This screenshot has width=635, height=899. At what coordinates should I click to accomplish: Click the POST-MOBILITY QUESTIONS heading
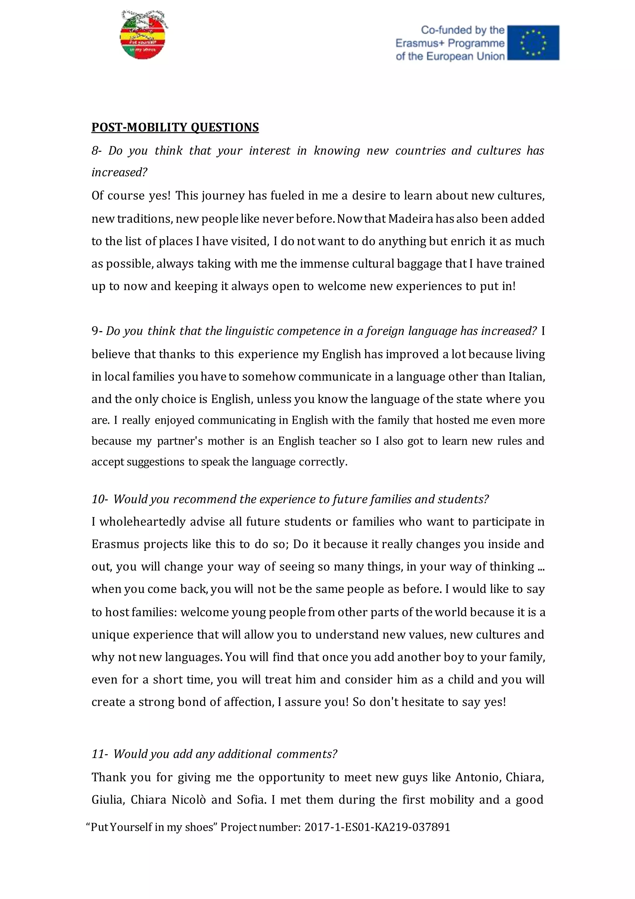[x=175, y=127]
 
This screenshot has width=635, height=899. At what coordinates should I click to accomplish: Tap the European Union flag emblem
[x=533, y=43]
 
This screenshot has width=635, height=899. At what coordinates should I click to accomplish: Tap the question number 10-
[x=100, y=499]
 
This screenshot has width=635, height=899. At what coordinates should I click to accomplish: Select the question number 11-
[x=100, y=754]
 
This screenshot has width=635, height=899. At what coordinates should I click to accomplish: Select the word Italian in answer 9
[x=526, y=377]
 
